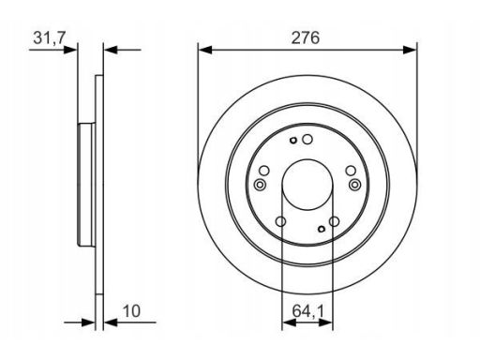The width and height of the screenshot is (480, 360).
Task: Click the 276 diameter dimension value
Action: pos(306,37)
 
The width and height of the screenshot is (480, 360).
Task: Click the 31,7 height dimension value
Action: pos(49,37)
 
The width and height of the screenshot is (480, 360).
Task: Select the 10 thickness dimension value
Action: pos(131,311)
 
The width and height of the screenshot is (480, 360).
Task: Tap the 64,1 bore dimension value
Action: pos(308,311)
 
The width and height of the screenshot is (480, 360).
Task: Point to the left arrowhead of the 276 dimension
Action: pos(205,50)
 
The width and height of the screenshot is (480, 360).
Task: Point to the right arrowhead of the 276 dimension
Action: pos(410,50)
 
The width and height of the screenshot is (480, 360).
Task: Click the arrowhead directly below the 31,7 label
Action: pos(70,50)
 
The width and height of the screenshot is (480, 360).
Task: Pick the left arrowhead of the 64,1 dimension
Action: pos(289,322)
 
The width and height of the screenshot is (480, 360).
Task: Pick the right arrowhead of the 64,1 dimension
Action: pos(325,322)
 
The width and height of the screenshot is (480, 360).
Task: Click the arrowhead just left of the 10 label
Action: pos(111,322)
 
